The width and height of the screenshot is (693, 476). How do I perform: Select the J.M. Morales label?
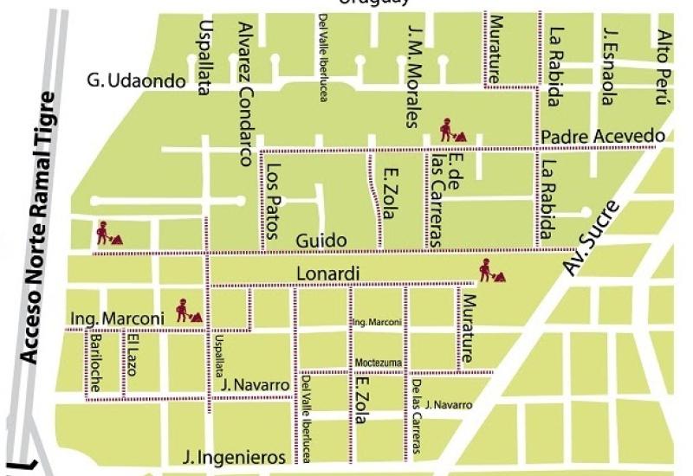click(414, 74)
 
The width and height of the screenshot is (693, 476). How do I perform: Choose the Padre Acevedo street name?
click(603, 137)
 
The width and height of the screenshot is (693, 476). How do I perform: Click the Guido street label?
click(321, 240)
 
